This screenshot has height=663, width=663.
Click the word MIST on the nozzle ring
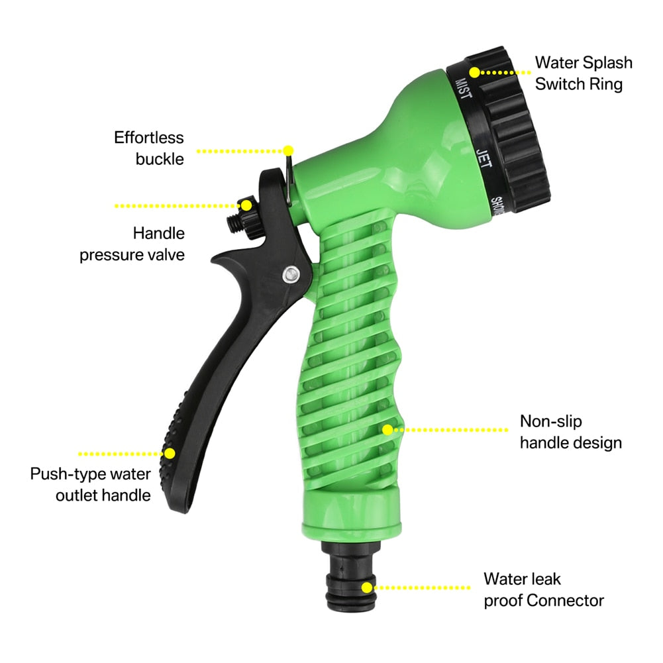[x=462, y=88]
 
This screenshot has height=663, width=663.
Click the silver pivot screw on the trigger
[x=289, y=273]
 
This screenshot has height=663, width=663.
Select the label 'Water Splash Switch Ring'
[x=583, y=73]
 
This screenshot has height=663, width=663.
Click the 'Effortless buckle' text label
[x=150, y=148]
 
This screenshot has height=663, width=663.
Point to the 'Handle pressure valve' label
[x=132, y=244]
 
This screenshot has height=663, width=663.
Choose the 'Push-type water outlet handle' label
[x=91, y=484]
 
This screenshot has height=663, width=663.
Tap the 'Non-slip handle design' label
[x=570, y=432]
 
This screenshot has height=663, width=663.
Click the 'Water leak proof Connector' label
[x=543, y=589]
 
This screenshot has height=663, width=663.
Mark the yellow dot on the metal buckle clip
[x=288, y=150]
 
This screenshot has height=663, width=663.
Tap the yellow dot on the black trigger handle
[x=170, y=454]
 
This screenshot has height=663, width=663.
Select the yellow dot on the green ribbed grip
[x=387, y=429]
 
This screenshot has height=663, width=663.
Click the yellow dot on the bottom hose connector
[x=367, y=587]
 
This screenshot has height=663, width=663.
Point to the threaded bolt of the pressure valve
[x=234, y=225]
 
